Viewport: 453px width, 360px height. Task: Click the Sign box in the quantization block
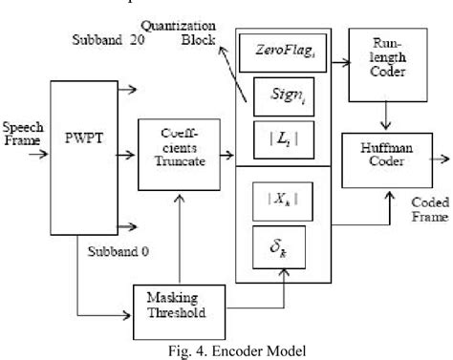(x=286, y=96)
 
